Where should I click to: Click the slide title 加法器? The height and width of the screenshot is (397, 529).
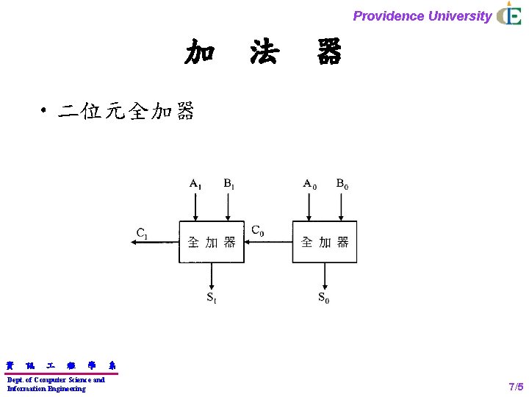[x=263, y=53]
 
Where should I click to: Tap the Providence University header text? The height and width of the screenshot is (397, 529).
[x=422, y=15]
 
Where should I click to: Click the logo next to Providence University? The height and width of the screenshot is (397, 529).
[x=508, y=14]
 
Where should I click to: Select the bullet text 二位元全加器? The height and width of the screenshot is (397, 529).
[x=126, y=112]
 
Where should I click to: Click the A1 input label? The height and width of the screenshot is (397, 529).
[x=195, y=184]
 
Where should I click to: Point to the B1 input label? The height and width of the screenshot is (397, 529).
[x=229, y=184]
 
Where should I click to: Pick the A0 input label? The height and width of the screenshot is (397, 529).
[x=310, y=184]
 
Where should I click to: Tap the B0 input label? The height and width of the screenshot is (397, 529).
[x=342, y=184]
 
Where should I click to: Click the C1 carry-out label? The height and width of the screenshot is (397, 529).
[x=142, y=234]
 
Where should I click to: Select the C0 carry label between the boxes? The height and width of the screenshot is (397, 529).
[x=258, y=231]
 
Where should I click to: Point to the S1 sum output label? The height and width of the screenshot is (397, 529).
[x=211, y=298]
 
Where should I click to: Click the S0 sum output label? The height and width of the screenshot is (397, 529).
[x=324, y=298]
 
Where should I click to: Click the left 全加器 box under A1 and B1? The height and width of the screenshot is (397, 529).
[x=212, y=242]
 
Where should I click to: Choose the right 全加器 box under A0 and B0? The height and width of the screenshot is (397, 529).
[x=325, y=242]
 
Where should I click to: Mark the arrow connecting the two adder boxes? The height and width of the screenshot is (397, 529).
[x=268, y=242]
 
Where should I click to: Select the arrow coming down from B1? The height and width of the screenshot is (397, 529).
[x=228, y=206]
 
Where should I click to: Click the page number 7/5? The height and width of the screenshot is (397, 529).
[x=516, y=387]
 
